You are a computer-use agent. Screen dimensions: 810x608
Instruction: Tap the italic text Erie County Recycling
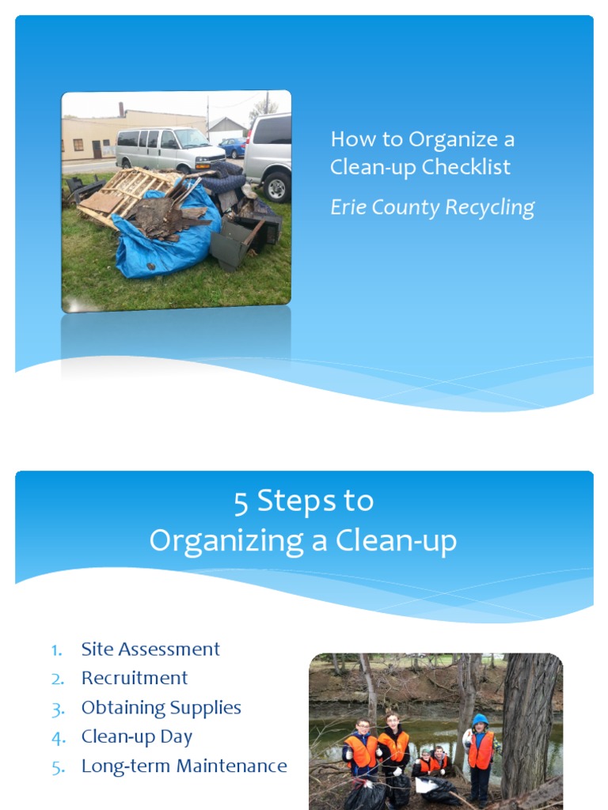pos(432,207)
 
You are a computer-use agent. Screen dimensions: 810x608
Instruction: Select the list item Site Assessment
pos(150,649)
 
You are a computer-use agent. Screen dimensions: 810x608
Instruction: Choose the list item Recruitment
pos(135,678)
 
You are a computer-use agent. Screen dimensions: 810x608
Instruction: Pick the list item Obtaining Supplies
pos(161,707)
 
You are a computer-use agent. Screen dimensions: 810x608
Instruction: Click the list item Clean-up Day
pos(137,736)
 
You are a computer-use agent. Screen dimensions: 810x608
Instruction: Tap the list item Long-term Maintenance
pos(184,766)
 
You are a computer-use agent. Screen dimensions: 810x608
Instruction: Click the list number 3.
pos(56,708)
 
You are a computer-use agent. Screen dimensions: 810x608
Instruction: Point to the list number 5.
pos(56,766)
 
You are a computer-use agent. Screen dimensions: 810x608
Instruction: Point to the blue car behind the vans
pos(233,147)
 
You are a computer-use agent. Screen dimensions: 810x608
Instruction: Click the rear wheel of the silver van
pos(276,187)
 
